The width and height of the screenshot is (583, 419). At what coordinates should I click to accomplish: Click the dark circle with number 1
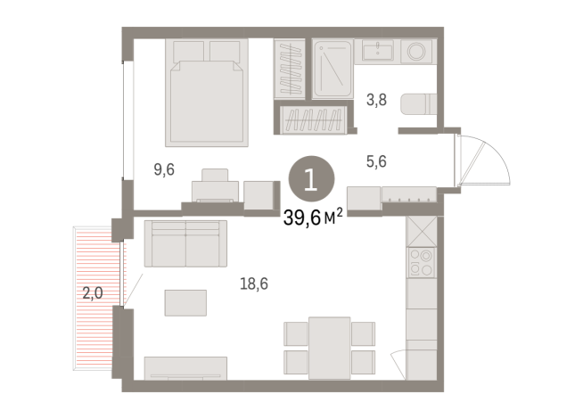[x=310, y=180]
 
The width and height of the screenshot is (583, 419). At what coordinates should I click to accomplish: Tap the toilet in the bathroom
[x=416, y=104]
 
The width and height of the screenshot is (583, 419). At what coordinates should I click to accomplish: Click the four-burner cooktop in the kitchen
[x=420, y=262]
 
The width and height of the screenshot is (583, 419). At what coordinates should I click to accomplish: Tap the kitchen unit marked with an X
[x=420, y=230]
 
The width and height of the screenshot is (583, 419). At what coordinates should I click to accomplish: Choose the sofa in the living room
[x=185, y=243]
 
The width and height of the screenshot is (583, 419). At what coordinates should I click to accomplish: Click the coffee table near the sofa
[x=185, y=302]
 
